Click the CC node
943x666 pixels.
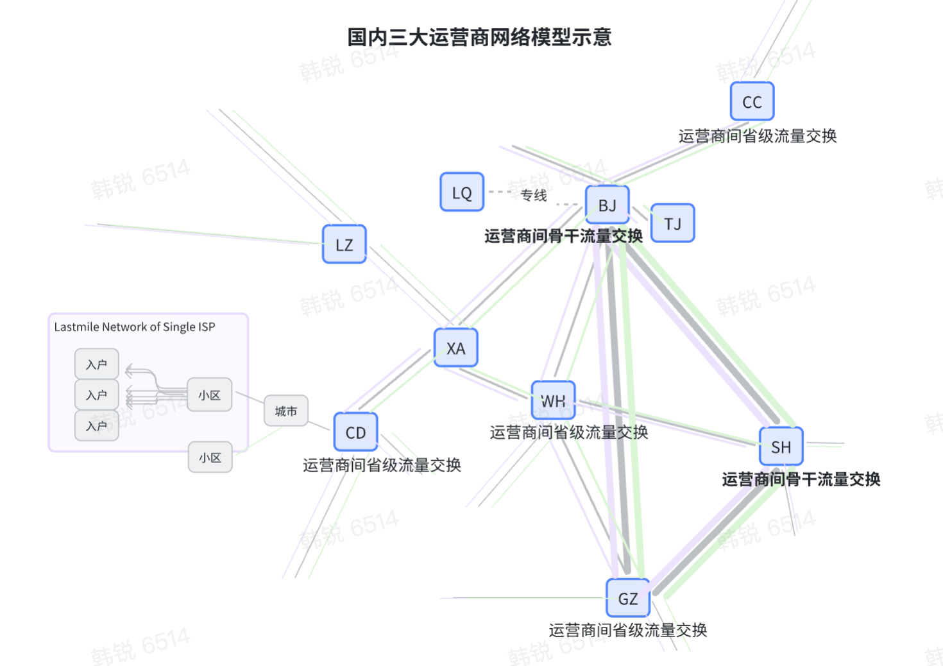coord(752,101)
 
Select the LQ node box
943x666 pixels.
coord(462,192)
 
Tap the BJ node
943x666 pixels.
coord(607,205)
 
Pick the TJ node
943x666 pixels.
coord(672,223)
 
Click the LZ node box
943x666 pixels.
coord(344,244)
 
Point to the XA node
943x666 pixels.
coord(455,348)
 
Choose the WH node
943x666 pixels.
coord(553,400)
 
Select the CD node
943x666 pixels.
coord(355,432)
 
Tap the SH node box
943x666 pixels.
coord(781,447)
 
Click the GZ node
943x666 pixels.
coord(628,598)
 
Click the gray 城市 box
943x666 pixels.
coord(286,411)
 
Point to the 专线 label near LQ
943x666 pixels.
coord(534,195)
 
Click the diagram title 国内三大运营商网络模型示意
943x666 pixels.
coord(479,37)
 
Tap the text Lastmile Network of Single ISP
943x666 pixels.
coord(135,327)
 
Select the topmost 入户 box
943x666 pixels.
coord(97,364)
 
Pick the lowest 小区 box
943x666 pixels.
coord(210,457)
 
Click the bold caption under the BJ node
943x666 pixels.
coord(563,236)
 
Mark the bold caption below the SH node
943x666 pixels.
coord(801,479)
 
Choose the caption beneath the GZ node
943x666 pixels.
coord(627,630)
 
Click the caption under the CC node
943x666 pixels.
coord(757,136)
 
